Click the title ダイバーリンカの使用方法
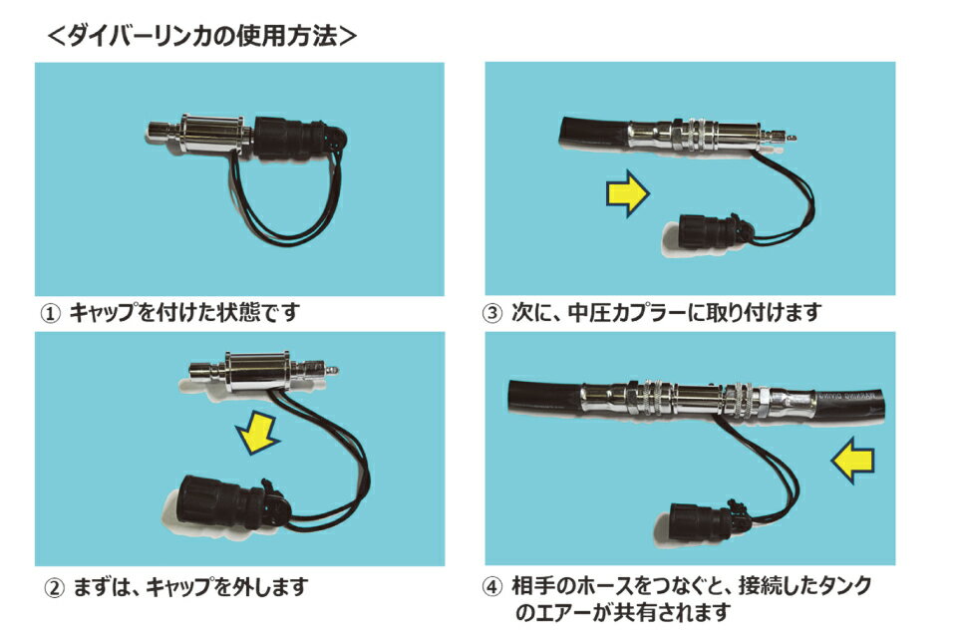(202, 36)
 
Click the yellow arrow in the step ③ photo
(627, 194)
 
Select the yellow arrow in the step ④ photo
(853, 461)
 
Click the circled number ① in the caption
(51, 314)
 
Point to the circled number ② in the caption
(55, 588)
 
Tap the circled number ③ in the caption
(492, 314)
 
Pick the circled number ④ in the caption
(492, 587)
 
